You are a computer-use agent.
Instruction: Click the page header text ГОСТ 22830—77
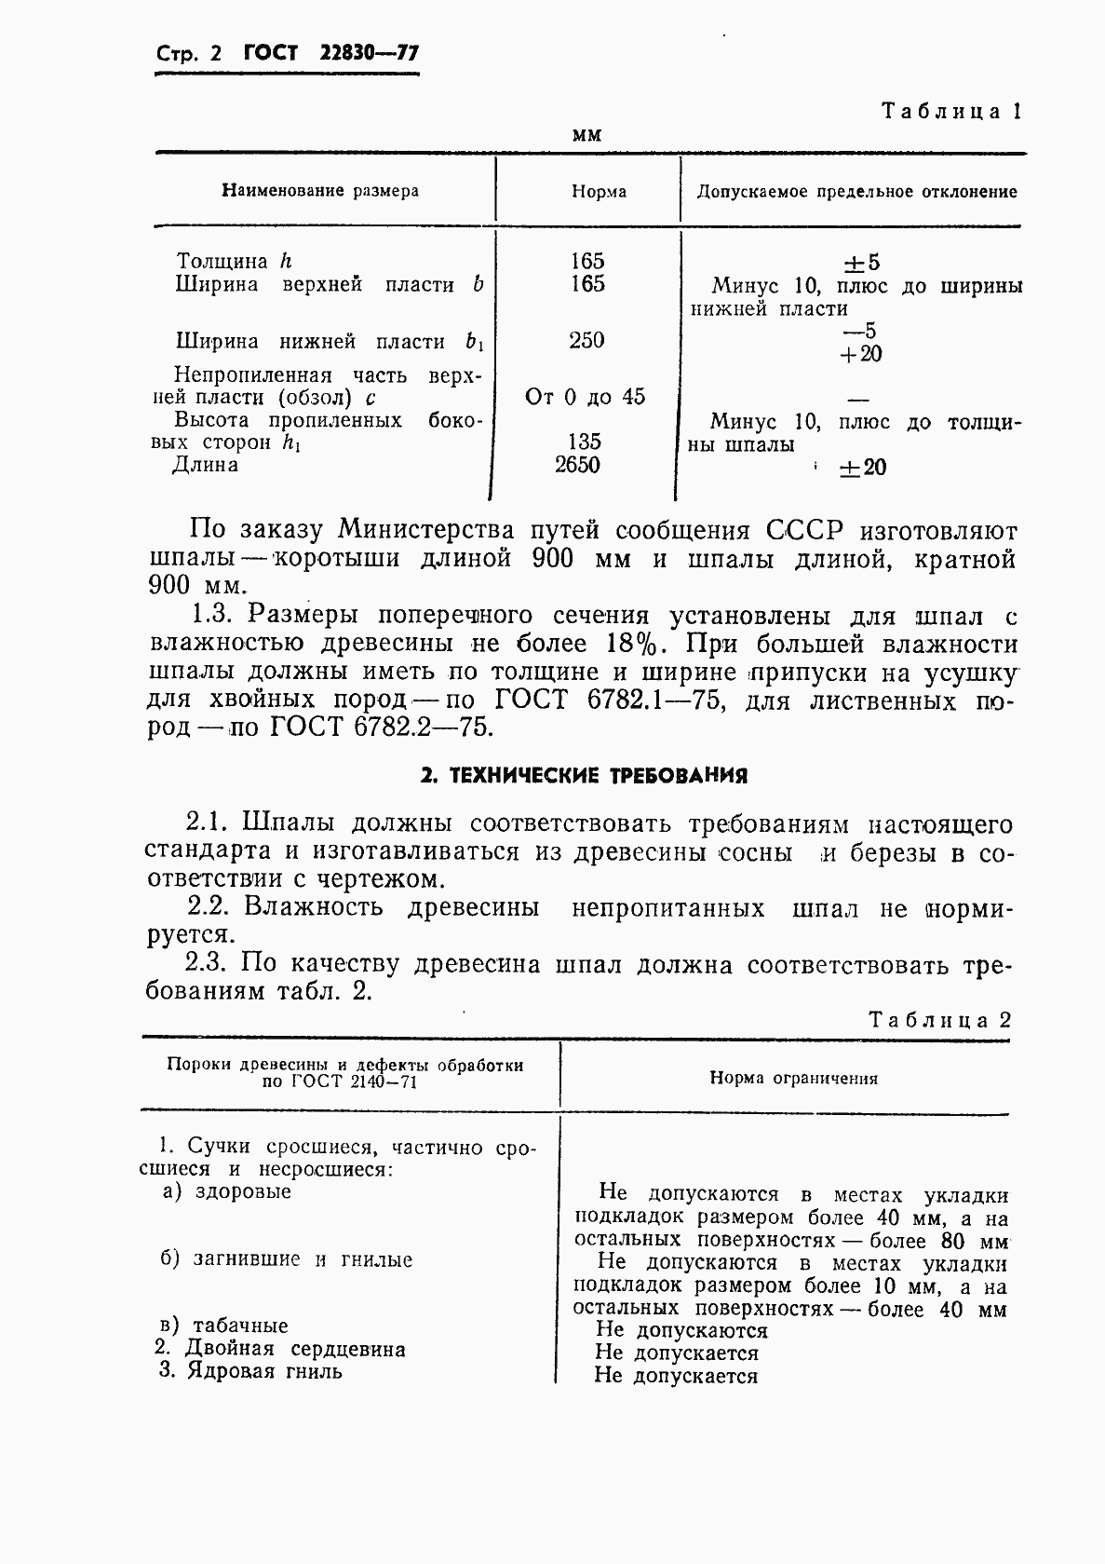[331, 54]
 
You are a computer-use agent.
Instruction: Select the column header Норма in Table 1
[599, 192]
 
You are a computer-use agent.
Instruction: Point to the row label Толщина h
[234, 262]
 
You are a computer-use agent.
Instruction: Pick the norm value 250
[586, 341]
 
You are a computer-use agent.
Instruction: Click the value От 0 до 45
[586, 398]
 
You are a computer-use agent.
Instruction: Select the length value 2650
[577, 465]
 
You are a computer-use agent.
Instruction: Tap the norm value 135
[585, 442]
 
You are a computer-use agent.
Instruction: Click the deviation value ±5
[860, 263]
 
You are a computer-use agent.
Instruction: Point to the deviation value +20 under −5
[860, 354]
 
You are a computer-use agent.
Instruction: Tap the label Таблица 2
[939, 1019]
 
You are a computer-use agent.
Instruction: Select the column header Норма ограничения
[794, 1079]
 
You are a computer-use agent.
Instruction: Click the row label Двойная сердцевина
[295, 1349]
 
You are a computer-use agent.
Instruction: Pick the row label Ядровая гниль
[263, 1371]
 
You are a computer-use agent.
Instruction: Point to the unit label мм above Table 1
[586, 135]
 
